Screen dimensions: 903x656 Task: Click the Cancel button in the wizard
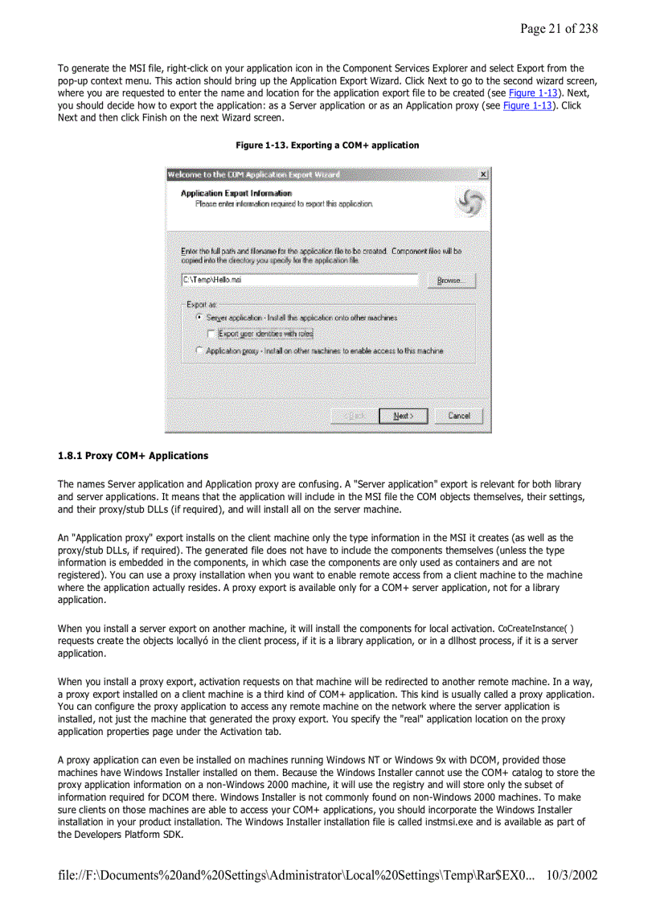459,416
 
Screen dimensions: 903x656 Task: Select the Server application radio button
199,318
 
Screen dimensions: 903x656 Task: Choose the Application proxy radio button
199,351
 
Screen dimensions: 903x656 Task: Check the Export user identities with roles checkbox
211,333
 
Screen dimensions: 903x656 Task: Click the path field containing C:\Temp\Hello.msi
299,280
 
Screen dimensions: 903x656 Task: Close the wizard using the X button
482,174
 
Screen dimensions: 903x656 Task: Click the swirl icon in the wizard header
469,202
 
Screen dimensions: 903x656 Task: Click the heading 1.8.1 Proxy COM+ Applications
133,456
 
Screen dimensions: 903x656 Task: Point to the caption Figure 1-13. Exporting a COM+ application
326,146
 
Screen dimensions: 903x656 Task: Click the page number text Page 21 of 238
558,29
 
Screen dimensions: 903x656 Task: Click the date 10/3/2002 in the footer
571,874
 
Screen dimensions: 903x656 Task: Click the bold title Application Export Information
236,194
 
